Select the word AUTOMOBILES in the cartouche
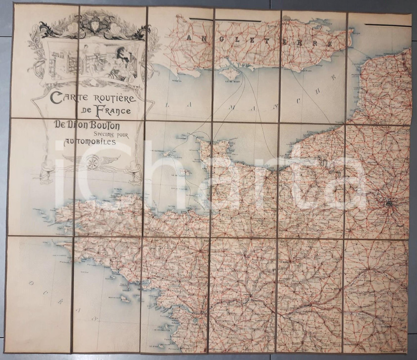click(x=90, y=143)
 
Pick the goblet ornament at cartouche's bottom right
click(x=133, y=175)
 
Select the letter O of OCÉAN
click(x=31, y=284)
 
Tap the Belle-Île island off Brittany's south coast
click(x=125, y=299)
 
